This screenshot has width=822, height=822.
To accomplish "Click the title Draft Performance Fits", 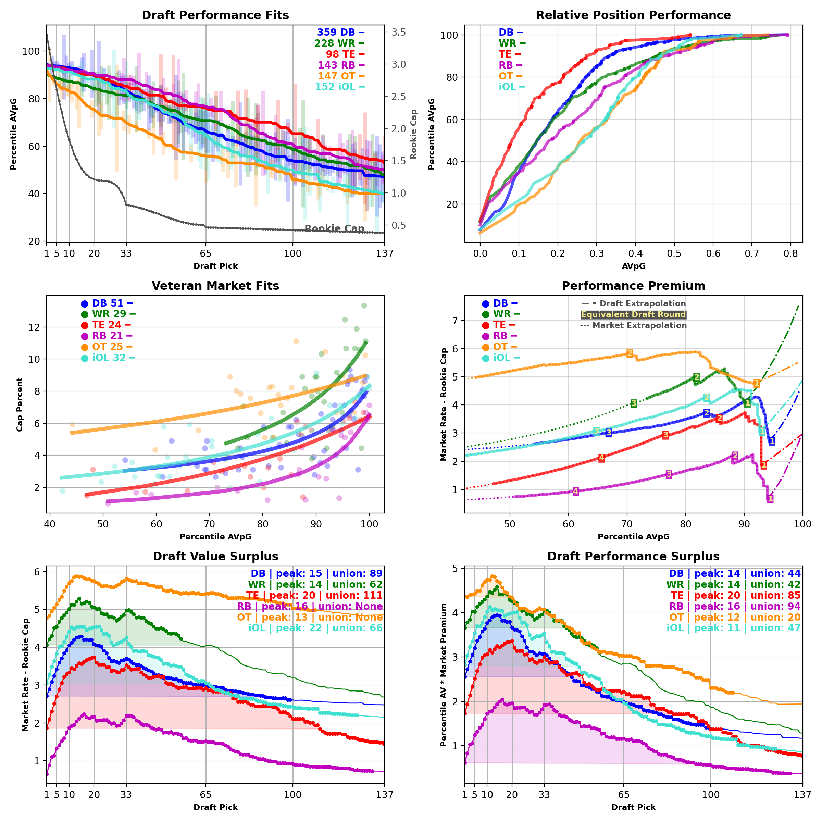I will point(215,15).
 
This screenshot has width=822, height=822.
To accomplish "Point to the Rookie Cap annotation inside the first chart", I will point(334,228).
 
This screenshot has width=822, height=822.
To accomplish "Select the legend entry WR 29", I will point(109,314).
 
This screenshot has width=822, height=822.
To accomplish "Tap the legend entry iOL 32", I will point(109,358).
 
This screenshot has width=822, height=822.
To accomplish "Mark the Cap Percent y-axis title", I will point(20,404).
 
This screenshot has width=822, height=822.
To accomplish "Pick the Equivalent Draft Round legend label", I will point(634,314).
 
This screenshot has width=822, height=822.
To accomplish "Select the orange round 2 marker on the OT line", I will point(630,353).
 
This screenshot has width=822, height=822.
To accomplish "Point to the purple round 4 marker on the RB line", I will point(576,491).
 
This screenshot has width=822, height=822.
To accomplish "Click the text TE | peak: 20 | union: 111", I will point(314,596).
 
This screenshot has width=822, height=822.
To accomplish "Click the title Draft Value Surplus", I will point(215,557).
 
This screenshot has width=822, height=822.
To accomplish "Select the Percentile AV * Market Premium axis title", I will point(444,675).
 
